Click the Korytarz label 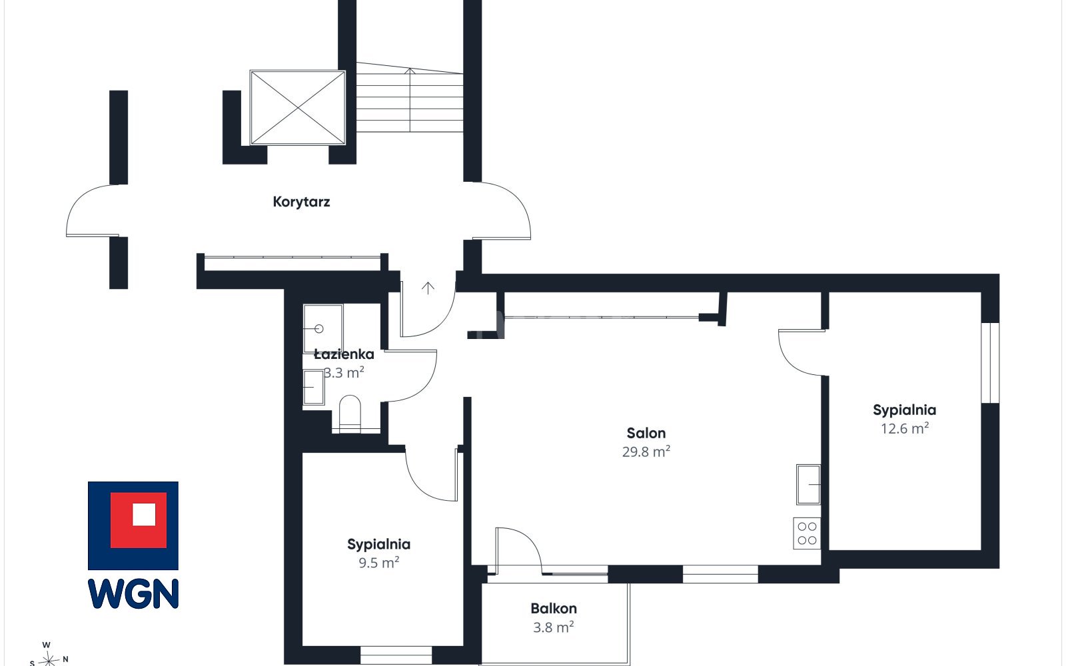pyautogui.click(x=301, y=202)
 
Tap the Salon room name pyautogui.click(x=646, y=433)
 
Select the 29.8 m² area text pyautogui.click(x=646, y=451)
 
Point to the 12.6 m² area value pyautogui.click(x=904, y=428)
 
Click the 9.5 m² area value pyautogui.click(x=378, y=562)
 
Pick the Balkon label pyautogui.click(x=554, y=609)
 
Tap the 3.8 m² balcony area pyautogui.click(x=553, y=627)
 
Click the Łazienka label pyautogui.click(x=344, y=354)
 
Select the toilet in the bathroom pyautogui.click(x=350, y=414)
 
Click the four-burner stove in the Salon pyautogui.click(x=807, y=533)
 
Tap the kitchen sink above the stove pyautogui.click(x=808, y=484)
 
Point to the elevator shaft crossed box pyautogui.click(x=297, y=107)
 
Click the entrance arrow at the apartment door pyautogui.click(x=428, y=288)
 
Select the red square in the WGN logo pyautogui.click(x=139, y=520)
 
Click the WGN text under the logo pyautogui.click(x=133, y=593)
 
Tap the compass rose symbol pyautogui.click(x=48, y=659)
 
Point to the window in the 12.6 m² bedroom pyautogui.click(x=990, y=362)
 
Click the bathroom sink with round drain pyautogui.click(x=322, y=328)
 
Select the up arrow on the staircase pyautogui.click(x=410, y=100)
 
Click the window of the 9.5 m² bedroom pyautogui.click(x=396, y=655)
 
